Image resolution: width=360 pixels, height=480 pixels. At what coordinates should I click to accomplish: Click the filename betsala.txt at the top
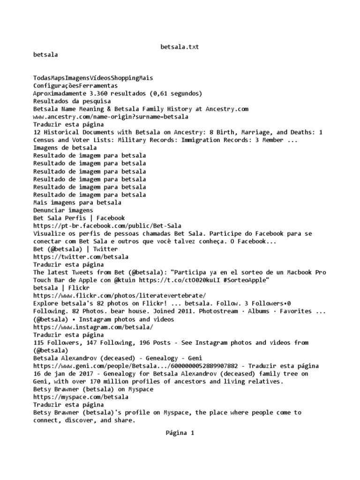click(180, 47)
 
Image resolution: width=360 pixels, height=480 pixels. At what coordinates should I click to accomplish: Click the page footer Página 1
click(180, 433)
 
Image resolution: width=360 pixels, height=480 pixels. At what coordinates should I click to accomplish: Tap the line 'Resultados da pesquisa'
click(72, 101)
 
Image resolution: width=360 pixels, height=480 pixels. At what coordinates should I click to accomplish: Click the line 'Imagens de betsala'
click(65, 148)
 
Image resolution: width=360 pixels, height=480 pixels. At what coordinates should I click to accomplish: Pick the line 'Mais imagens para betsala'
click(77, 202)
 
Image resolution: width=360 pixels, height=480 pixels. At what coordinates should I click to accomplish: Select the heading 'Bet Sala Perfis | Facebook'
click(79, 218)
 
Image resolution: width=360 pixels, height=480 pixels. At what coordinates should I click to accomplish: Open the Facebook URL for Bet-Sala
click(107, 226)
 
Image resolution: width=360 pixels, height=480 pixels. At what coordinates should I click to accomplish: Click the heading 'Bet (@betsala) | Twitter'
click(75, 249)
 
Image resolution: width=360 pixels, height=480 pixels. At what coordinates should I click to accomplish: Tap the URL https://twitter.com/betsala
click(81, 257)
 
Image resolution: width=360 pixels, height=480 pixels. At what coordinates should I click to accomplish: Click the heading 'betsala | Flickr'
click(61, 288)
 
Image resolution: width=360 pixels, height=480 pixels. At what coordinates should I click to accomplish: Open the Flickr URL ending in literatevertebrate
click(120, 296)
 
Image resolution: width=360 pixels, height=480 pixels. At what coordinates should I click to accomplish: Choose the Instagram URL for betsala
click(93, 327)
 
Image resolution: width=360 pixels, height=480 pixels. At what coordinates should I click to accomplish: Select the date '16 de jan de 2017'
click(65, 374)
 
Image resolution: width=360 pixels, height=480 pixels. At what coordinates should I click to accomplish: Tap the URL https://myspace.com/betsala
click(81, 397)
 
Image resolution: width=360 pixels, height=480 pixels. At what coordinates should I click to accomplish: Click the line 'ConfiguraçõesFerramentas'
click(75, 86)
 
